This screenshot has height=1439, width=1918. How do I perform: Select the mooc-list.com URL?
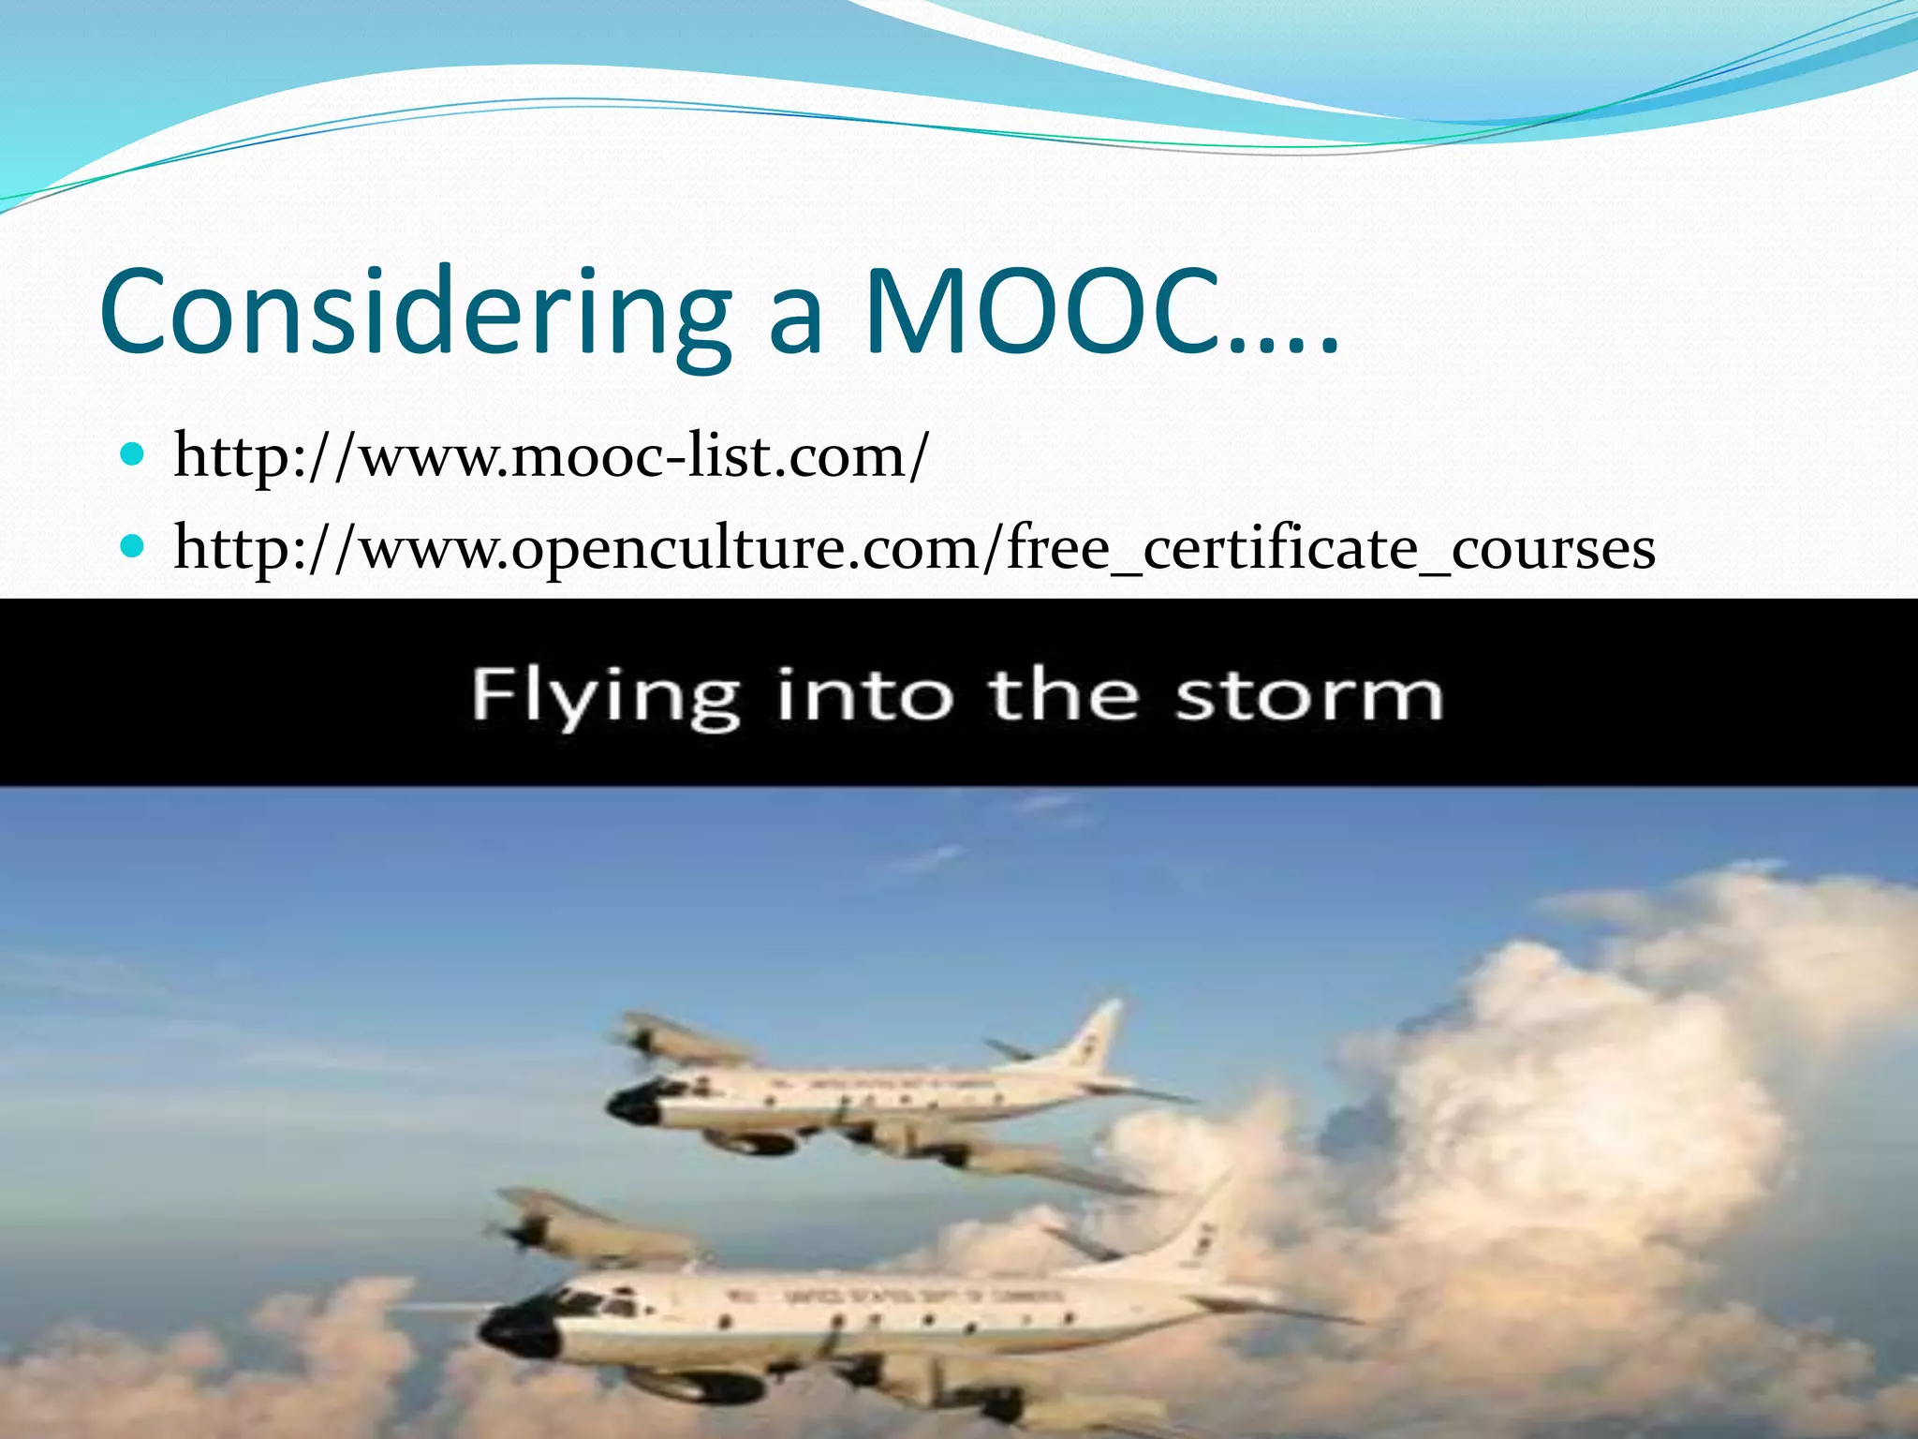(x=551, y=456)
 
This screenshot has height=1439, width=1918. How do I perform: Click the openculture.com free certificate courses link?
(x=914, y=548)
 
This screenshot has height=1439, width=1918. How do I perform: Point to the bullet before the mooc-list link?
(x=133, y=456)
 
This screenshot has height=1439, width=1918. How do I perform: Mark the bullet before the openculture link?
(x=133, y=546)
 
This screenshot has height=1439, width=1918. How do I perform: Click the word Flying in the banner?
(x=605, y=696)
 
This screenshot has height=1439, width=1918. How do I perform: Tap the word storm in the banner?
(x=1308, y=696)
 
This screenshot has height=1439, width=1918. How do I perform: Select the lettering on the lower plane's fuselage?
(x=899, y=1298)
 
